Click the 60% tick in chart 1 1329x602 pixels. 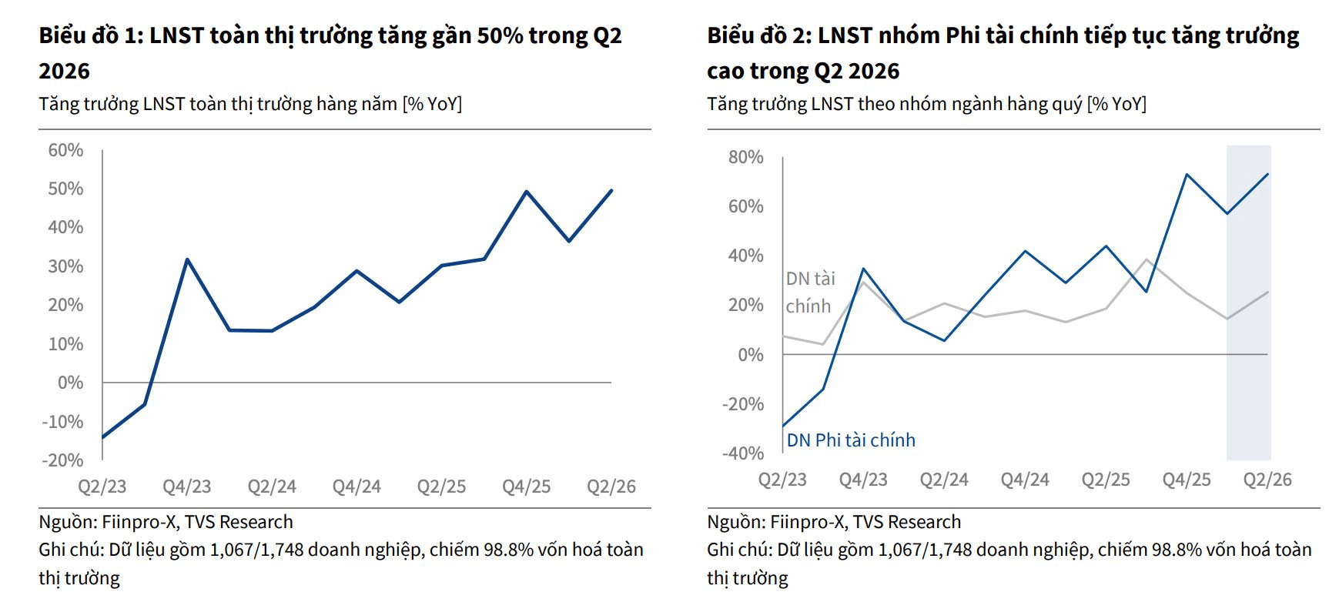(x=65, y=150)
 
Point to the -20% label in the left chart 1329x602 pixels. (x=63, y=460)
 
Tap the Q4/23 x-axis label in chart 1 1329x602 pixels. (x=187, y=487)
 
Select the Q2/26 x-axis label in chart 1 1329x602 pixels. (x=611, y=487)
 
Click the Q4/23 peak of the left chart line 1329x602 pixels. (x=187, y=259)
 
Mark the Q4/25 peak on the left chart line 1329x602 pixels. (x=527, y=191)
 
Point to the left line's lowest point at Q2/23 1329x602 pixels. (x=102, y=437)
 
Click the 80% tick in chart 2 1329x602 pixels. (x=746, y=157)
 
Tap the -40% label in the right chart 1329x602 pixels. (x=743, y=453)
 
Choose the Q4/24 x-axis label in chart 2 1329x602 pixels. (x=1025, y=480)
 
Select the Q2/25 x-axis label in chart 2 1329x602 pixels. (x=1106, y=480)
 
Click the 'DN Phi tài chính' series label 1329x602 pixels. (x=851, y=440)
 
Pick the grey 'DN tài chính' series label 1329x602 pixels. (x=810, y=293)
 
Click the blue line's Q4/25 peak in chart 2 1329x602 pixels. (x=1187, y=175)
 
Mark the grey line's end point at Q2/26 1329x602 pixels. (x=1267, y=292)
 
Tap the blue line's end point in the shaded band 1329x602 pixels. (x=1267, y=174)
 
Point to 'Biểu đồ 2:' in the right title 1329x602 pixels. (x=759, y=35)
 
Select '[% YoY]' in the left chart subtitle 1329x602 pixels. (x=432, y=104)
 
